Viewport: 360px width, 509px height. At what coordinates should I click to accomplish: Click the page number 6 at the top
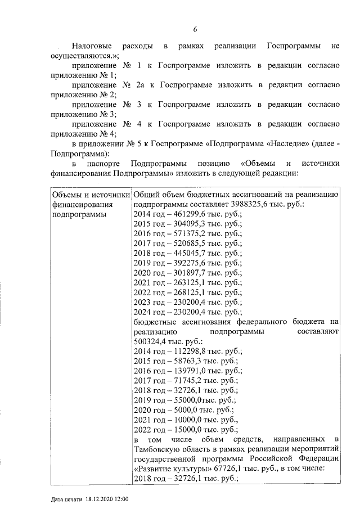195,30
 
